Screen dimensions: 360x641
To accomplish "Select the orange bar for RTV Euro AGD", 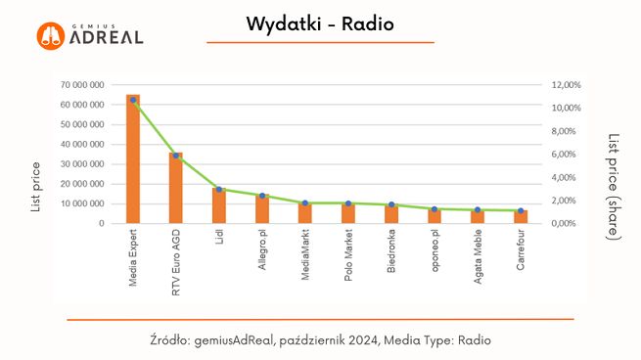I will click(x=176, y=188).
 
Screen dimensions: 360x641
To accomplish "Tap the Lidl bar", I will click(x=219, y=205).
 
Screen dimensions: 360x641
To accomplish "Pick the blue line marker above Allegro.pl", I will click(x=262, y=196).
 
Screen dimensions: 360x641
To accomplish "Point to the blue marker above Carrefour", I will click(x=521, y=210).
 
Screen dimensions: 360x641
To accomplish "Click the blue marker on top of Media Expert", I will click(x=133, y=100).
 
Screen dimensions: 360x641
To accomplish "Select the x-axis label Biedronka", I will click(x=391, y=253).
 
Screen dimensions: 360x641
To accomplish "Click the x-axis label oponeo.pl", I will click(x=435, y=252).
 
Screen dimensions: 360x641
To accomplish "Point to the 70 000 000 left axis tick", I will click(x=82, y=85).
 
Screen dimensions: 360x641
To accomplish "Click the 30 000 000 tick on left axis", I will click(x=82, y=164).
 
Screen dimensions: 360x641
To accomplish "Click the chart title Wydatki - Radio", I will click(x=320, y=23).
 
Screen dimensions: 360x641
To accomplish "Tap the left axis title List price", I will click(x=36, y=187).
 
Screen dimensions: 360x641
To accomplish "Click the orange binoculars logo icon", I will click(x=51, y=36).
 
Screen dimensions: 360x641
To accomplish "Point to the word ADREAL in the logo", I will click(x=107, y=38).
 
